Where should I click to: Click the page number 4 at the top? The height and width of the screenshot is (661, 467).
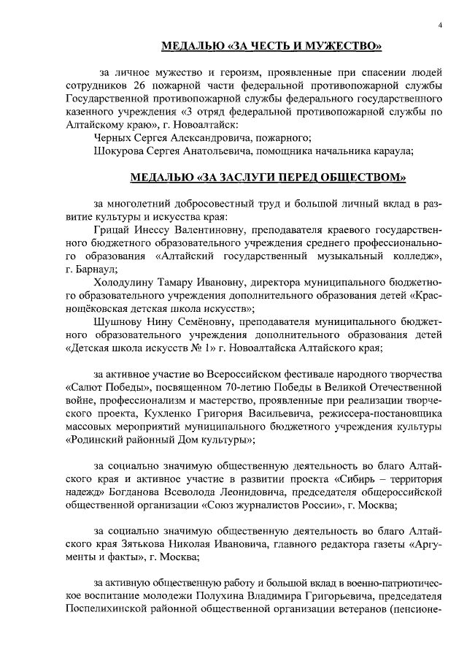[439, 26]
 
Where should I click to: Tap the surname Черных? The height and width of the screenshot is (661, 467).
[115, 137]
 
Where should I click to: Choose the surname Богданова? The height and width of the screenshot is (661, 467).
[147, 492]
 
